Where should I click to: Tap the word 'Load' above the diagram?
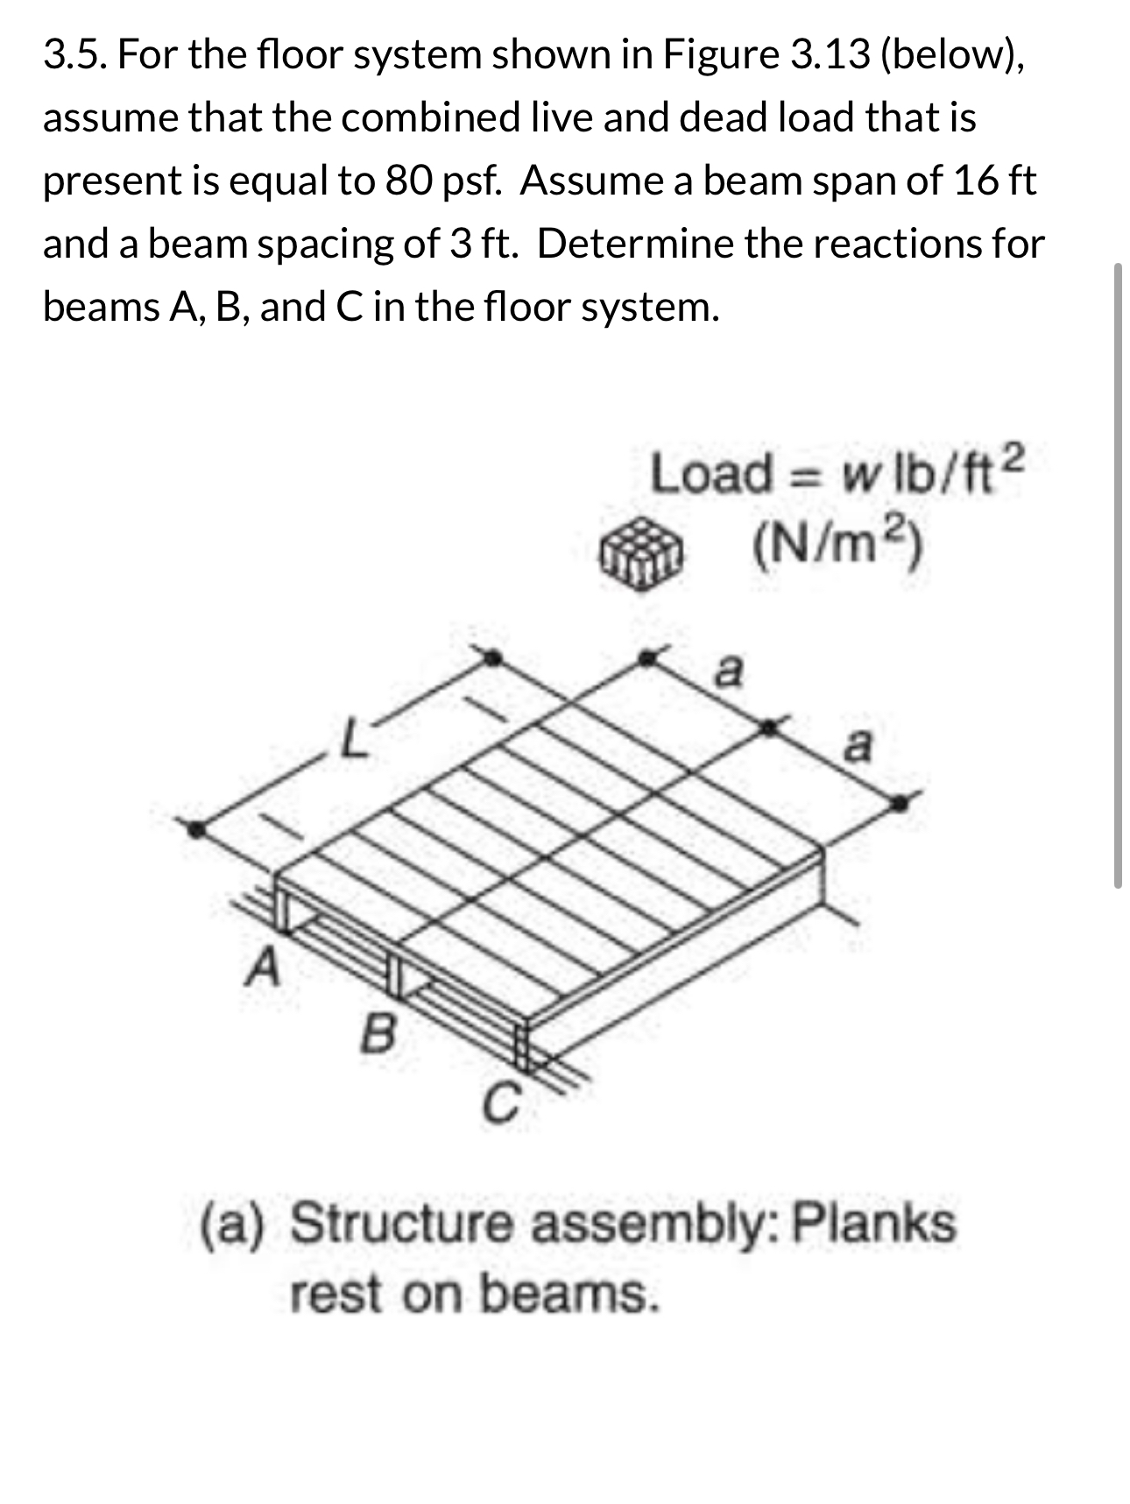click(x=710, y=474)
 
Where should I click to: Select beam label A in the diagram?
click(x=262, y=968)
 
